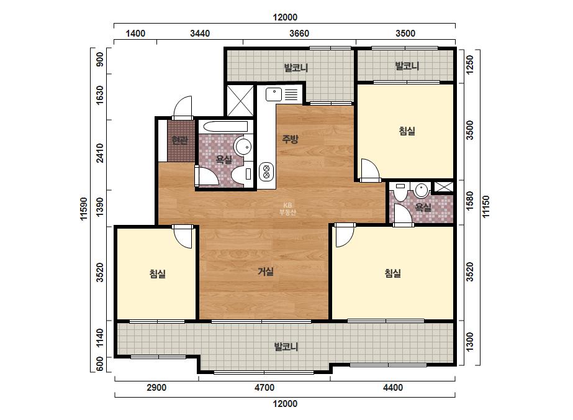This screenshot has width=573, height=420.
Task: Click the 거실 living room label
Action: point(266,272)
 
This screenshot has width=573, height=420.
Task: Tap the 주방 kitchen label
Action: point(290,139)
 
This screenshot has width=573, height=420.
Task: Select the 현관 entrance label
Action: point(180,140)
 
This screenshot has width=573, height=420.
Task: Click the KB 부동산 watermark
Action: point(287,209)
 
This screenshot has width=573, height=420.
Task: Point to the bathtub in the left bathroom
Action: point(225,127)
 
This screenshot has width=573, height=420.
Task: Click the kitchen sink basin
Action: point(273,94)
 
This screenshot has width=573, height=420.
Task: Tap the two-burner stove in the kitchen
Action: point(266,172)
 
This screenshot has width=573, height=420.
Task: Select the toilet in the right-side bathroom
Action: point(400,192)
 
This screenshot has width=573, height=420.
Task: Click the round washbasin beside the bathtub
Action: point(243,147)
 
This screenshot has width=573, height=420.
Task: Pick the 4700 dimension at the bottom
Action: point(264,388)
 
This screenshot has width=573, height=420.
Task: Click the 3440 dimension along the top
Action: point(200,34)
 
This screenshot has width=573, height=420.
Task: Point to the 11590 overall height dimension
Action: point(84,209)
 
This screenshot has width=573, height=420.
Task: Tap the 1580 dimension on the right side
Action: point(469,201)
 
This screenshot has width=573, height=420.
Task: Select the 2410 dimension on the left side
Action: point(99,153)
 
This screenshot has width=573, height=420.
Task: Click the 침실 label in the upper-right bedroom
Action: point(407,131)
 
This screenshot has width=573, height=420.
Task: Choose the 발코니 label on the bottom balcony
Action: point(286,347)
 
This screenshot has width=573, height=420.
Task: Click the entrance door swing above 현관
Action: point(183,107)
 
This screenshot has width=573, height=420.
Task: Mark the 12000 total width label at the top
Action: point(285,17)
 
